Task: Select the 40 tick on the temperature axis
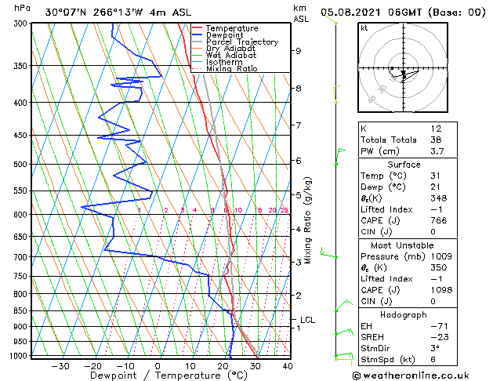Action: [x=287, y=365]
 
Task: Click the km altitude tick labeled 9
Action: [x=299, y=51]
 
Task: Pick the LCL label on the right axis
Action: [x=307, y=320]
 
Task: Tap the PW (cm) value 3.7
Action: [x=435, y=151]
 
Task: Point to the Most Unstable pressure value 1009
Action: [x=436, y=255]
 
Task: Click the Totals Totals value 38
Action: [x=436, y=140]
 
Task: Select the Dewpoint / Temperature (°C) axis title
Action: [x=158, y=376]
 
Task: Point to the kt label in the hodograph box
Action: [x=364, y=28]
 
